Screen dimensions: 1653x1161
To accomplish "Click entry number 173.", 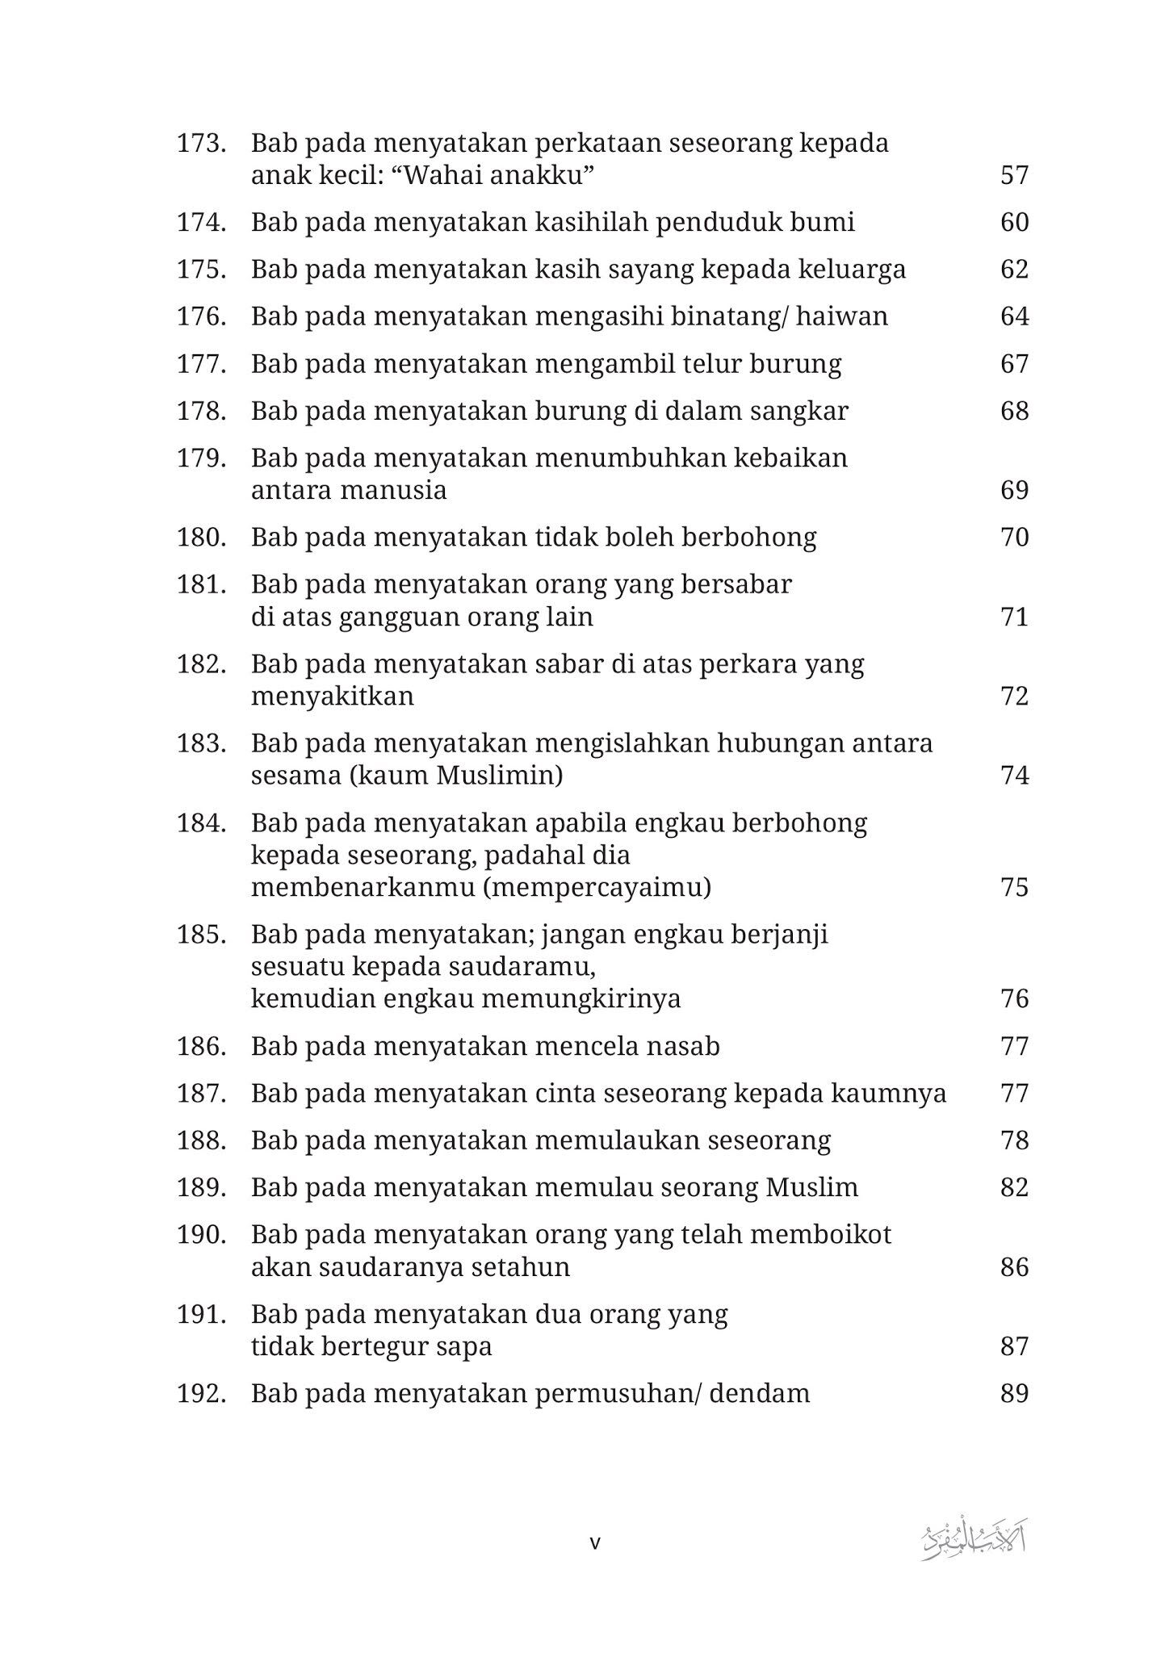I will click(x=200, y=144).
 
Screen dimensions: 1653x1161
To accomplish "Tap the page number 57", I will click(x=1014, y=175).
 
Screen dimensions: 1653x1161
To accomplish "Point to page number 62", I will click(x=1014, y=269).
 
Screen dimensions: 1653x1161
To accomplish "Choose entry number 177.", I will click(x=200, y=364).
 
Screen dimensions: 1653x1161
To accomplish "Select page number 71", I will click(x=1014, y=617).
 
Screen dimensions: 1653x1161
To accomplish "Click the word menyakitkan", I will click(x=332, y=697).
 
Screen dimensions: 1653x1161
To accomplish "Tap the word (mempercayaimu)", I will click(x=597, y=888).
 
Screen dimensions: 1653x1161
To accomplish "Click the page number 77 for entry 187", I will click(x=1014, y=1094).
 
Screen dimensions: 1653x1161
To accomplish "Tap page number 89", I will click(x=1014, y=1394).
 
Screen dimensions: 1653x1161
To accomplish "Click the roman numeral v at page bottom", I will click(x=595, y=1544).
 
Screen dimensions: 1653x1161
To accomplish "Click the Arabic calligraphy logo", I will click(x=974, y=1542).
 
